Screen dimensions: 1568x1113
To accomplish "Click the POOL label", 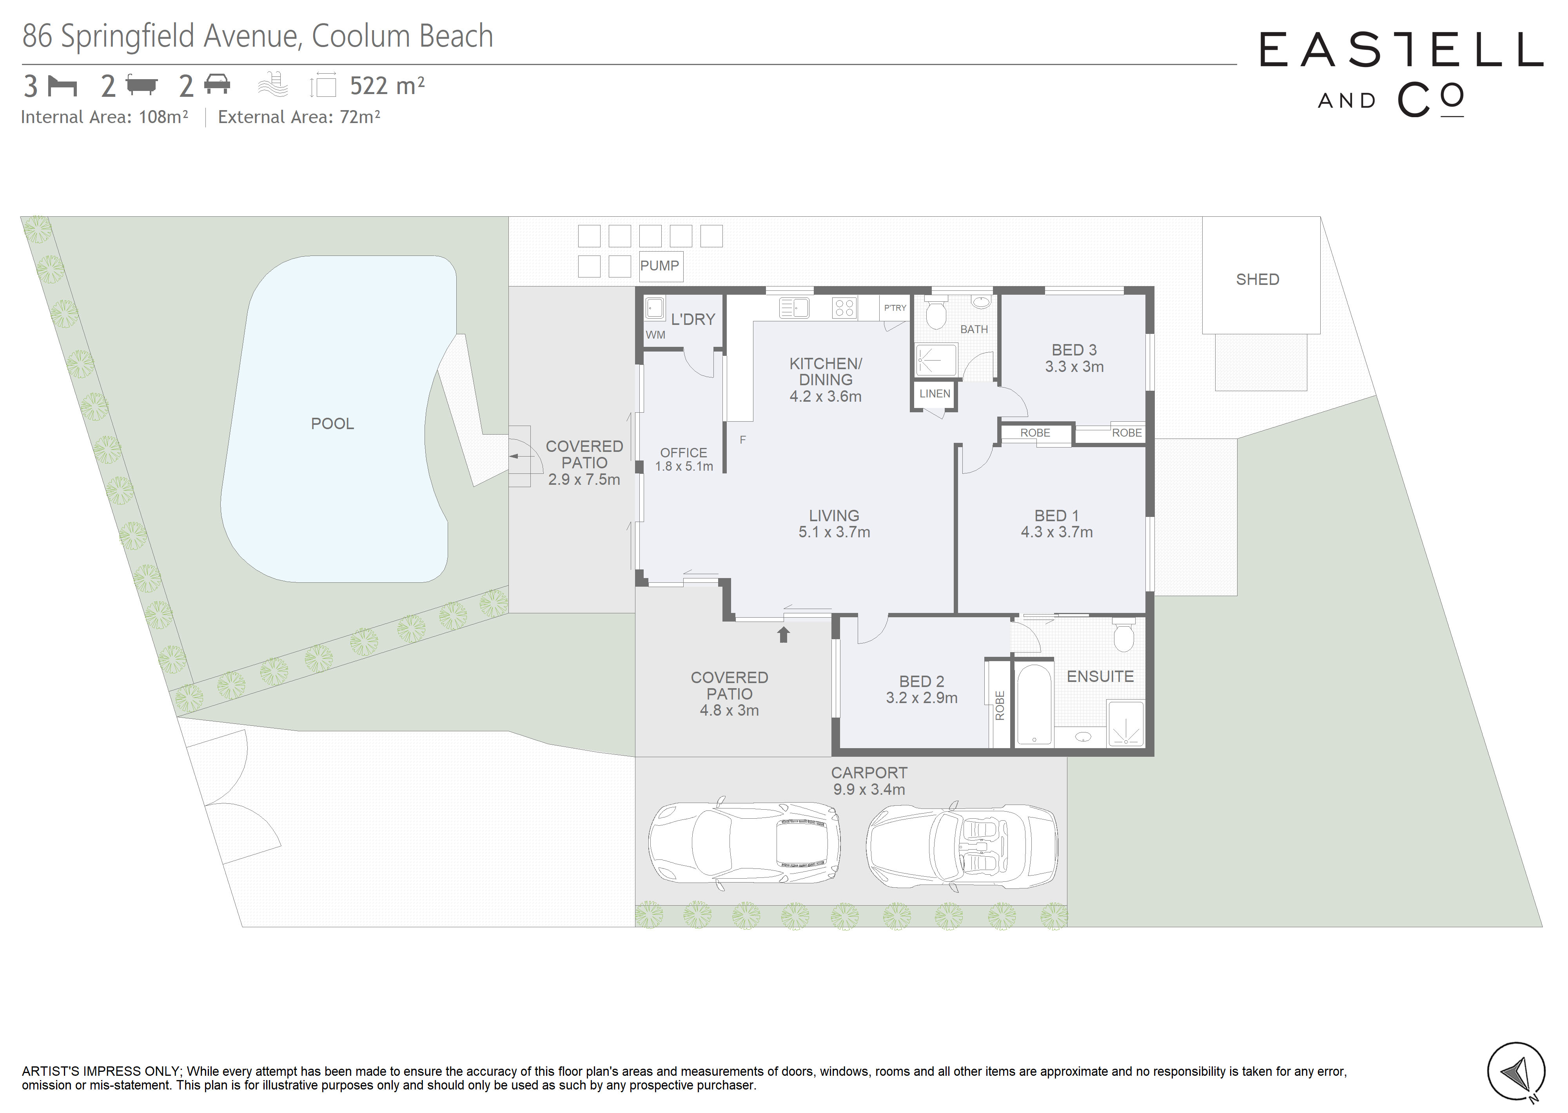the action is (x=332, y=424).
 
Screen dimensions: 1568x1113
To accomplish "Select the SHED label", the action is (x=1258, y=279).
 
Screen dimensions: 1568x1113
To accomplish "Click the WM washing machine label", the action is (x=655, y=335).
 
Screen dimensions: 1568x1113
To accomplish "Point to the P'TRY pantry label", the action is (x=895, y=308).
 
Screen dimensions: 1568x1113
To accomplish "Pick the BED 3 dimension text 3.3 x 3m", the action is (x=1074, y=367).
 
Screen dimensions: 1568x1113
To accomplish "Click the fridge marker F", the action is (x=743, y=439).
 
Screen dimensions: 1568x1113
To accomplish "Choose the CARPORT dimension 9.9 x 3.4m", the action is (x=869, y=790).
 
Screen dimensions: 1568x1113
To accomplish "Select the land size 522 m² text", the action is (x=387, y=86).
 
